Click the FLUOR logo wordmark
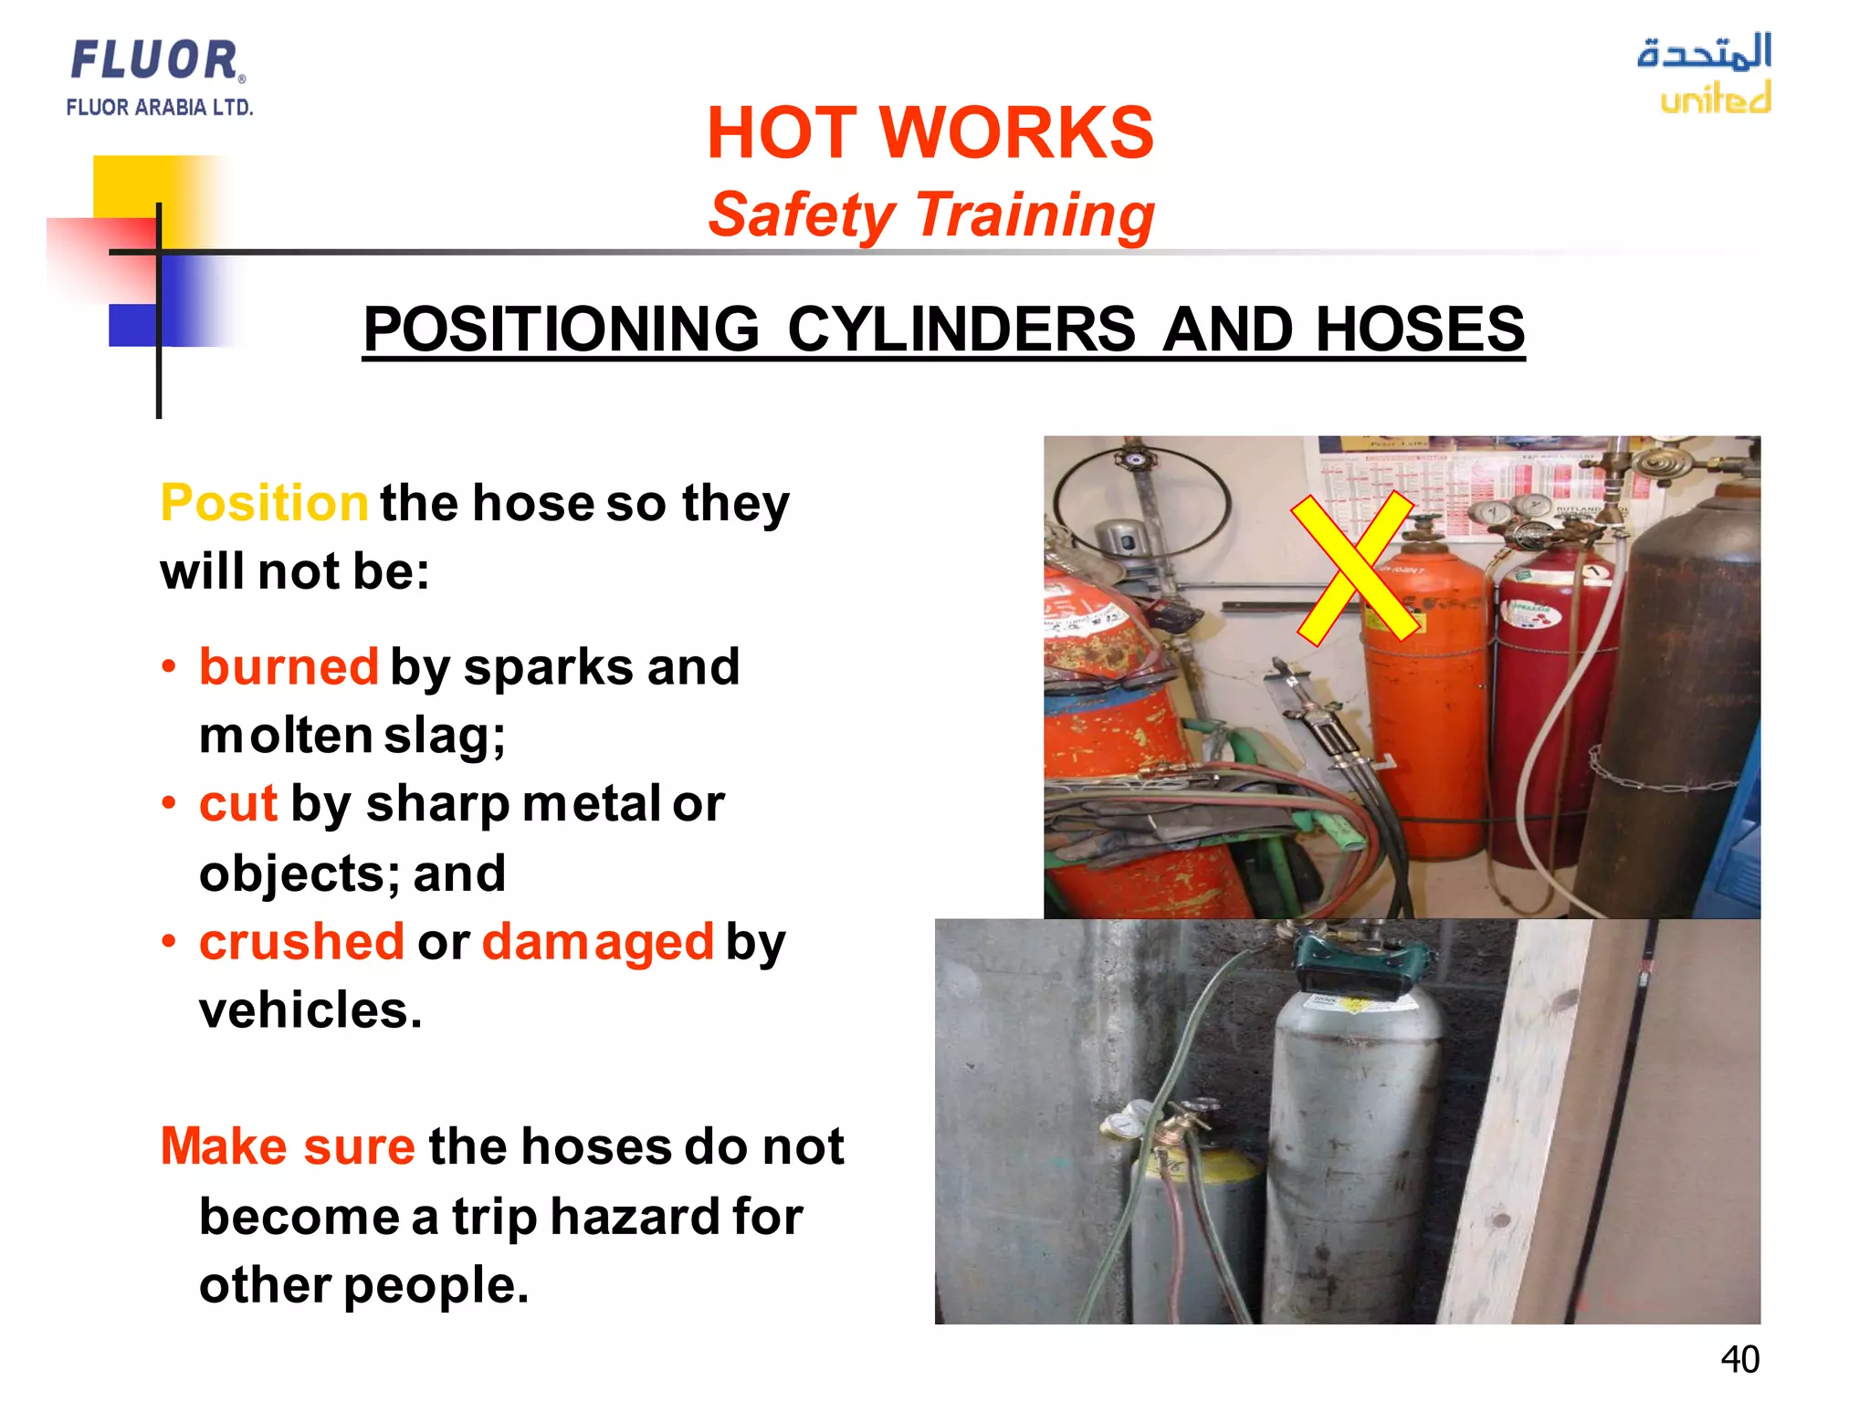(155, 60)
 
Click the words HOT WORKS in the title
(930, 133)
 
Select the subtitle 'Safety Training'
(930, 215)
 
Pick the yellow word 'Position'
(264, 503)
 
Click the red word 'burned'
(289, 666)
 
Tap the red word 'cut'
(237, 804)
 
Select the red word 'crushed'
(301, 942)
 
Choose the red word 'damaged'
(597, 942)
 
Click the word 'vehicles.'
(310, 1010)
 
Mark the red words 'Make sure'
(288, 1146)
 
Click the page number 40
(1739, 1360)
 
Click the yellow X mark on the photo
(1356, 568)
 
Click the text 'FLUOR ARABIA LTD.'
(160, 108)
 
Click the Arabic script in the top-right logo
(1705, 52)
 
